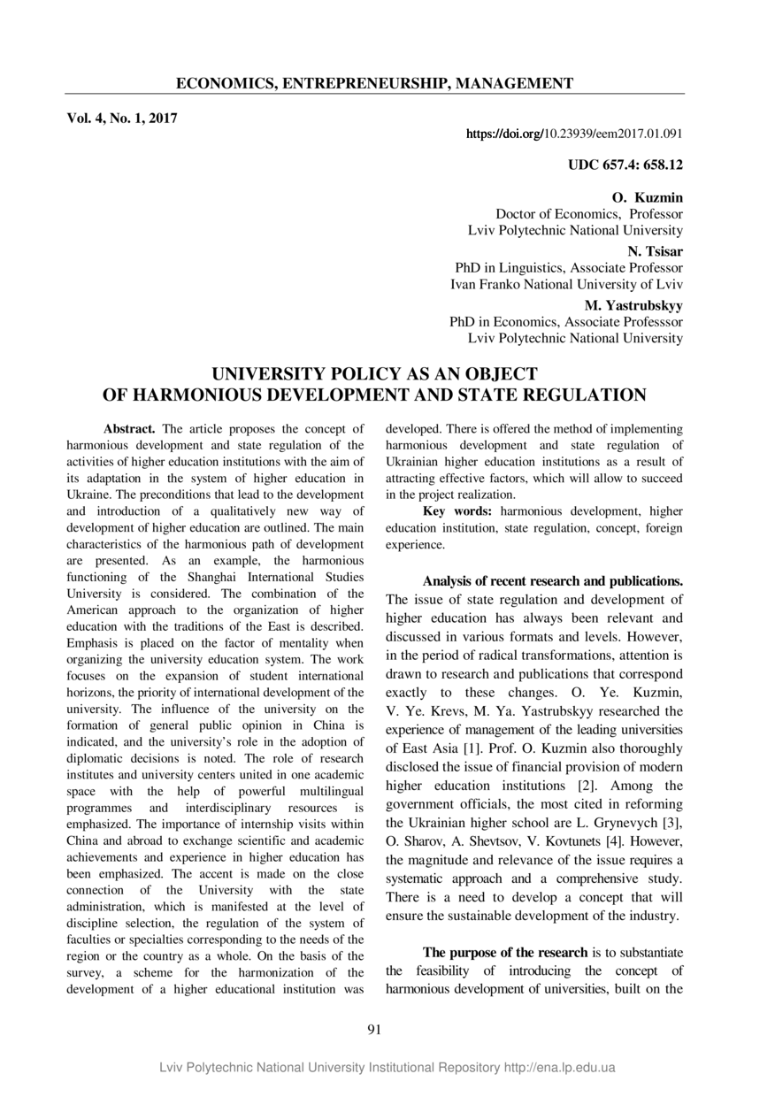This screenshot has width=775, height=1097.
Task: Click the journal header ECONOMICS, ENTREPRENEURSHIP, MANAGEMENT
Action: pyautogui.click(x=374, y=84)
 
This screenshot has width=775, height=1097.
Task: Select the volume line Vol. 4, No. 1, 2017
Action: pyautogui.click(x=121, y=118)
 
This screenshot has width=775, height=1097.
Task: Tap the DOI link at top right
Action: pyautogui.click(x=573, y=134)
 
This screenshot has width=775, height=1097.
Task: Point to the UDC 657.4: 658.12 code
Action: pyautogui.click(x=625, y=165)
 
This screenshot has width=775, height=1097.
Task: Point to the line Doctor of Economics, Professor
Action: pyautogui.click(x=589, y=213)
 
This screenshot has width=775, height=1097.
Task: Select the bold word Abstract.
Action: pyautogui.click(x=129, y=429)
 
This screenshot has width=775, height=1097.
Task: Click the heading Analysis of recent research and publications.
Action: pyautogui.click(x=553, y=581)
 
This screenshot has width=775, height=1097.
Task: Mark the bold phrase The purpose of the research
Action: pyautogui.click(x=505, y=952)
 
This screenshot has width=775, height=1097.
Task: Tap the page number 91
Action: pyautogui.click(x=373, y=1028)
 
